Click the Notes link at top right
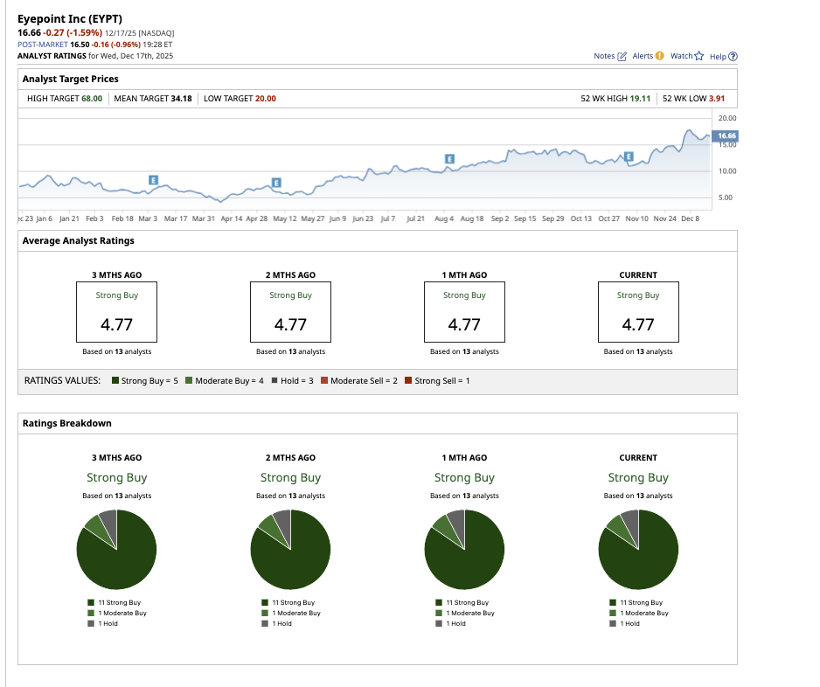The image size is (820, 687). tap(609, 56)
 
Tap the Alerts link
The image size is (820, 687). tap(648, 56)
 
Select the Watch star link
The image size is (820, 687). tap(686, 56)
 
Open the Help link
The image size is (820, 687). tap(723, 56)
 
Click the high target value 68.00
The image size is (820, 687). tap(92, 99)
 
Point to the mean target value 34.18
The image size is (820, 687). tap(181, 99)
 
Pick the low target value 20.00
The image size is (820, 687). tap(265, 99)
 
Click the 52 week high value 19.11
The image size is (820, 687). tap(641, 99)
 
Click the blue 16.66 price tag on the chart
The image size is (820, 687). tap(726, 135)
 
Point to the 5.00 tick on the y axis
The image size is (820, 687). tap(726, 198)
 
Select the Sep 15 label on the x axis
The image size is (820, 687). tap(525, 219)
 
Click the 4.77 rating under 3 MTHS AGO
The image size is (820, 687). tap(116, 324)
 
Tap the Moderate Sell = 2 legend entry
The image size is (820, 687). tap(362, 381)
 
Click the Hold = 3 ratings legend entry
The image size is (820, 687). tap(292, 381)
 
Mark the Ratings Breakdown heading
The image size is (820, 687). tap(66, 423)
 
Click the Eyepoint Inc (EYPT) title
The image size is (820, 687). tap(69, 17)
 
